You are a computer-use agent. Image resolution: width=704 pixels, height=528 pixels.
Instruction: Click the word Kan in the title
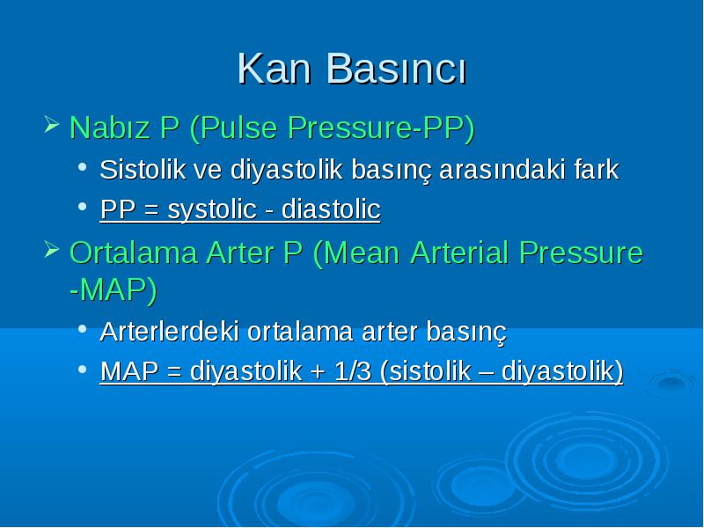[x=274, y=69]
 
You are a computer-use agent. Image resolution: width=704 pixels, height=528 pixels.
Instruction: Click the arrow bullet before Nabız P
[x=52, y=124]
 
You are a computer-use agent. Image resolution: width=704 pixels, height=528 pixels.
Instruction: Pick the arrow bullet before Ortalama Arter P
[x=52, y=250]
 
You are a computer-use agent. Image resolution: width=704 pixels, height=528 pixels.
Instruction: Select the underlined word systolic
[x=212, y=209]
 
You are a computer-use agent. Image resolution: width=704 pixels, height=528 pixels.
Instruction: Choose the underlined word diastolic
[x=331, y=209]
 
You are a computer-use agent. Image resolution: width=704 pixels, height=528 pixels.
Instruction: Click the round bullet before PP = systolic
[x=82, y=207]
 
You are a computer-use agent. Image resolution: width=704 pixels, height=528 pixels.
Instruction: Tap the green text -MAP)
[x=114, y=290]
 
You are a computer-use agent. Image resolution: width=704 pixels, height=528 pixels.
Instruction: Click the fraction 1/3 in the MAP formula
[x=353, y=371]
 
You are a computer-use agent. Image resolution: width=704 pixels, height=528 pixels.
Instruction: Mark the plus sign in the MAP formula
[x=318, y=372]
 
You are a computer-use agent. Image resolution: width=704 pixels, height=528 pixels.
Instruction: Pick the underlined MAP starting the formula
[x=129, y=371]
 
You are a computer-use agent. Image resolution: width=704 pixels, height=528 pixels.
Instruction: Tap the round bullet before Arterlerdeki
[x=82, y=329]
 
